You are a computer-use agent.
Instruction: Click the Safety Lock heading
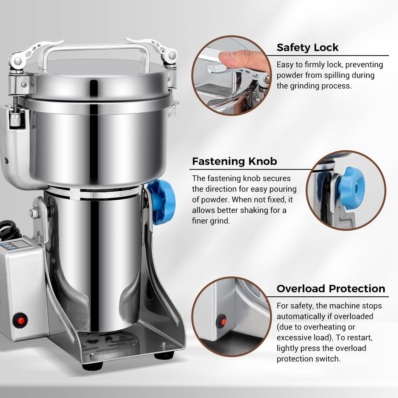pos(307,47)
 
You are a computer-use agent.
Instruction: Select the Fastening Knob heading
pos(234,161)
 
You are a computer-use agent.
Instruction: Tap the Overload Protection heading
pos(331,289)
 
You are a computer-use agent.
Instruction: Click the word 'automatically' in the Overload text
pos(302,316)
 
